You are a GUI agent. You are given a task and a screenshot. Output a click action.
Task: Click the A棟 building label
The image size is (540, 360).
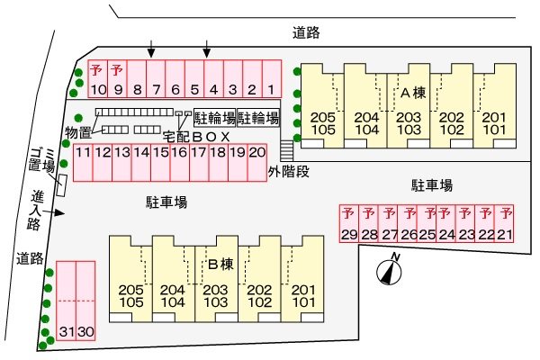[x=412, y=92]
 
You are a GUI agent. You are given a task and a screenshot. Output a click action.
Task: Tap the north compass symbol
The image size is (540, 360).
[x=389, y=267]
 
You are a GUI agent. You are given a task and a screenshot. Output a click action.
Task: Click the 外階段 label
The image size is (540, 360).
[x=288, y=170]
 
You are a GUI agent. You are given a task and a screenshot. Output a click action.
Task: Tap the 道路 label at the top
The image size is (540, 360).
[x=307, y=32]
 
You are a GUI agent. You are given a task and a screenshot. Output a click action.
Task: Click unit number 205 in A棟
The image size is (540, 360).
[x=321, y=117]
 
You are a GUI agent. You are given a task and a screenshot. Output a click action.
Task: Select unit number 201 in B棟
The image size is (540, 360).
[x=303, y=290]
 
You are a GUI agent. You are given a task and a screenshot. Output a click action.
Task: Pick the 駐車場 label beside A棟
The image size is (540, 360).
[x=432, y=185]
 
